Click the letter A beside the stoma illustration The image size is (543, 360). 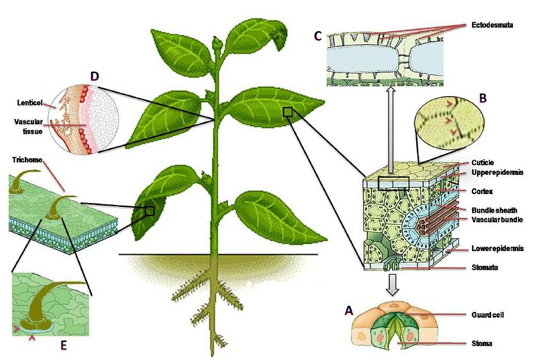(348, 310)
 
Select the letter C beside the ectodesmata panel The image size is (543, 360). (318, 35)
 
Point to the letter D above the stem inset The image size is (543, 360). (94, 77)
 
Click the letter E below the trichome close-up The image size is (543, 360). (63, 346)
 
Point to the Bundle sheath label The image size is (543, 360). (494, 210)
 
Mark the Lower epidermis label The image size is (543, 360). (498, 249)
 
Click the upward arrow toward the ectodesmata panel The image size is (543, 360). (390, 128)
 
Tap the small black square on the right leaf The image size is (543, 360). (288, 112)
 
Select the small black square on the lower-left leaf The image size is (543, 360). (149, 211)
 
